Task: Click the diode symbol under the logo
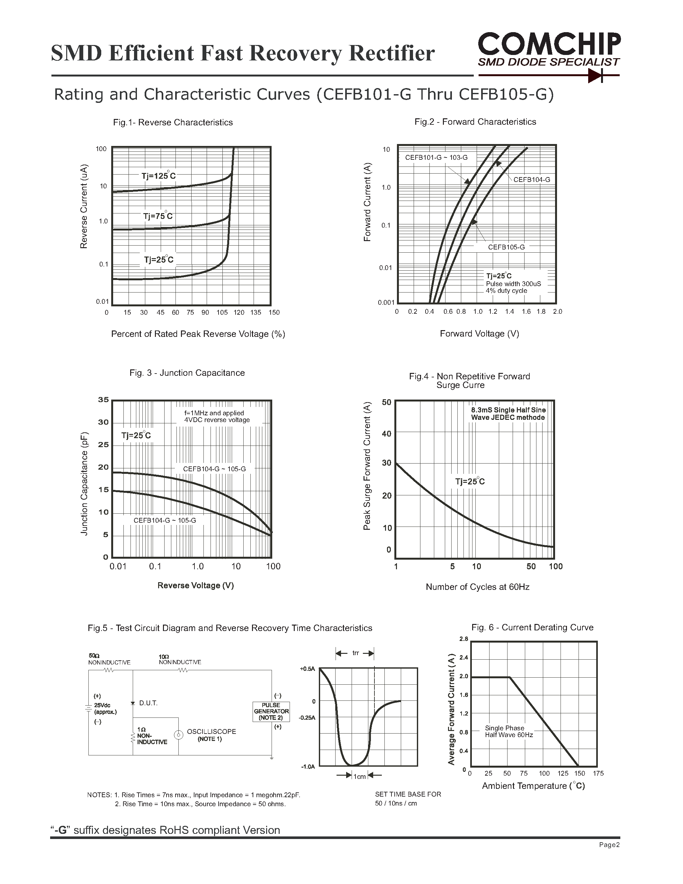(x=595, y=75)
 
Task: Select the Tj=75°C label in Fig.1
(x=158, y=216)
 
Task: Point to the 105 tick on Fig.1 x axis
(x=222, y=312)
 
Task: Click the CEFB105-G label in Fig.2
(x=506, y=247)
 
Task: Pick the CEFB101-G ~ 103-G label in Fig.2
(x=436, y=158)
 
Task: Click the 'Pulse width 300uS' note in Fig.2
(x=513, y=284)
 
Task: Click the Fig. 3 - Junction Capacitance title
(x=187, y=373)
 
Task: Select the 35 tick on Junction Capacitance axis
(x=103, y=400)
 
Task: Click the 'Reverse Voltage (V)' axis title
(x=195, y=585)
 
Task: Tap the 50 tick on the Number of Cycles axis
(x=531, y=567)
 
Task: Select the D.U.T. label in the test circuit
(x=148, y=703)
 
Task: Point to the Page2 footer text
(x=609, y=845)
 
